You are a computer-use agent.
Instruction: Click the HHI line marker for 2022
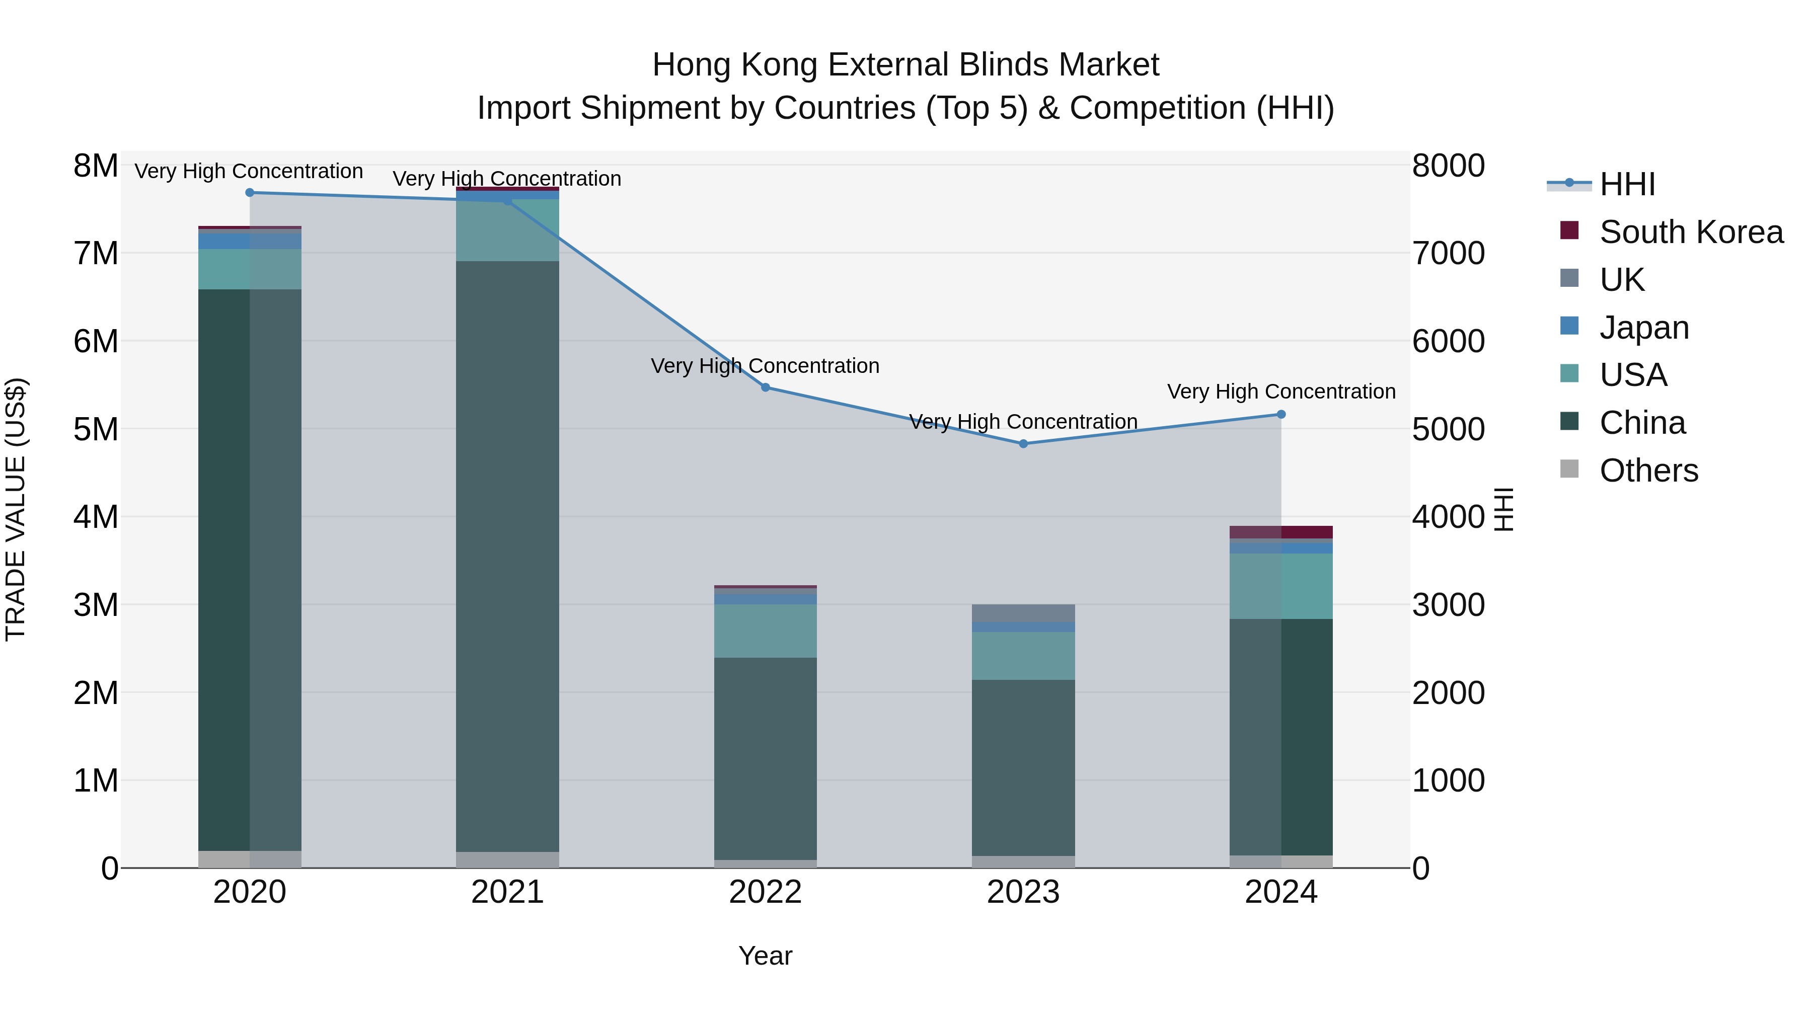765,387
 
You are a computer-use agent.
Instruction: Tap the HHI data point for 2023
1023,444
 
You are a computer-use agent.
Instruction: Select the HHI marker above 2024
1281,414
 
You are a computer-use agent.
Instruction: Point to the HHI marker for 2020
250,193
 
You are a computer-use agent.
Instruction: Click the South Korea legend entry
1691,232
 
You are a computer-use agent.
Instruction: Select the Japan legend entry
1644,328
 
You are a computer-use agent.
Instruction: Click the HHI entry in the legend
1627,184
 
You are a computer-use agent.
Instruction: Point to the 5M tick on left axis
96,429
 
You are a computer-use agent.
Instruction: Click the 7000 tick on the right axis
1448,253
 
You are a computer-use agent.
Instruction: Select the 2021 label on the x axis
507,892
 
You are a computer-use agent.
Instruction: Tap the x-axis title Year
765,956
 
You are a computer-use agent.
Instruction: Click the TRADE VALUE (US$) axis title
16,509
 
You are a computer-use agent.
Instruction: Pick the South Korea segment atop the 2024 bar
1281,532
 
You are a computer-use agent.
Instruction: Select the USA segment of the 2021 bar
507,230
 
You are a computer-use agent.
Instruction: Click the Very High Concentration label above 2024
1281,391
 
